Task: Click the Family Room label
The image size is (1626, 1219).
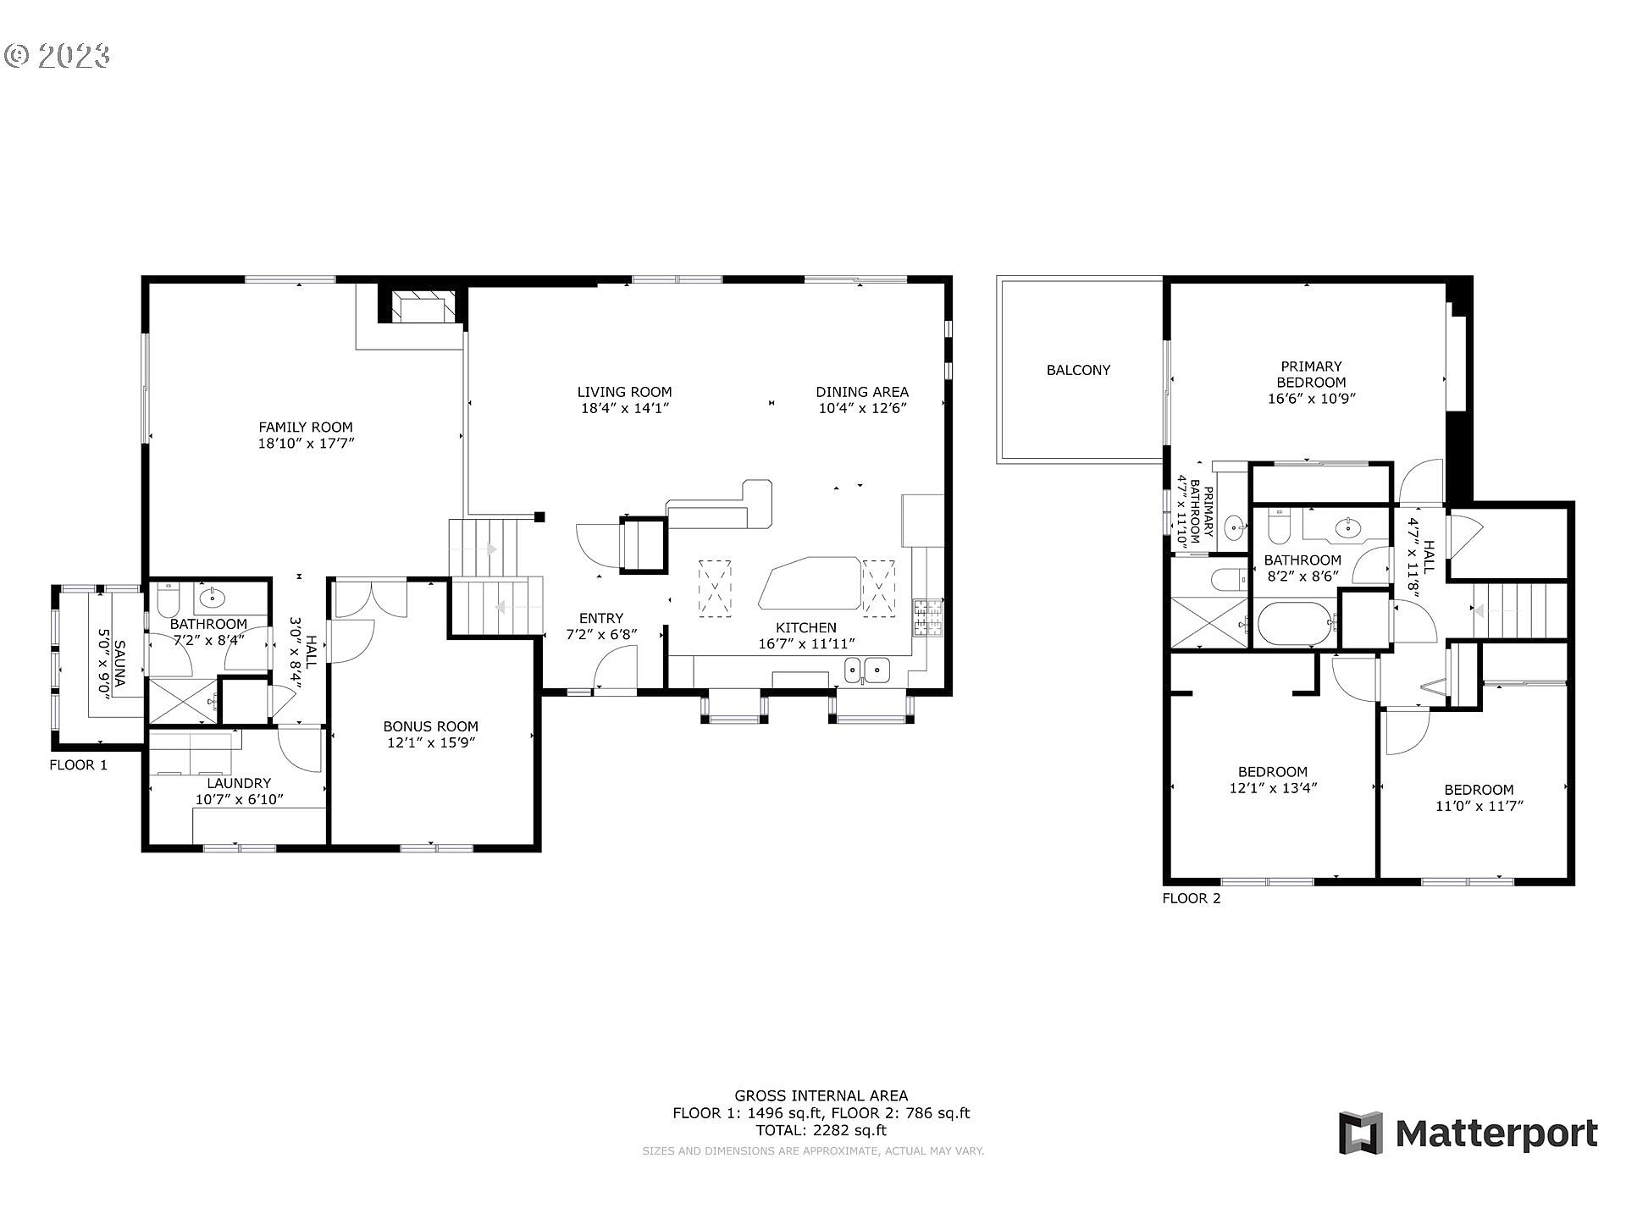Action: [x=306, y=427]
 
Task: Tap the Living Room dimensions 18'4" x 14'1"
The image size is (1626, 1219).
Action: [x=624, y=408]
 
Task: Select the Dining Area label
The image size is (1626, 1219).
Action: [x=862, y=392]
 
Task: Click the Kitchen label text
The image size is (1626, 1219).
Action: [x=806, y=627]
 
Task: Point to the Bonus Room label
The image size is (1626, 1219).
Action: [x=430, y=726]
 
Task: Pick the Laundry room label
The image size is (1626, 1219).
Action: [x=239, y=783]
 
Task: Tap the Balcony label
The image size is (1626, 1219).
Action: [x=1078, y=370]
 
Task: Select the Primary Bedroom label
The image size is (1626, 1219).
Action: [x=1311, y=374]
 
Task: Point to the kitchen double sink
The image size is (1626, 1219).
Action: [x=866, y=670]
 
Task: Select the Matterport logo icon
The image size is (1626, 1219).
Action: [x=1360, y=1133]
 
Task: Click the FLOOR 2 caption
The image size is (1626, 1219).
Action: [x=1192, y=898]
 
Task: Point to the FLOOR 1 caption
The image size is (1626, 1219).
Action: [x=79, y=765]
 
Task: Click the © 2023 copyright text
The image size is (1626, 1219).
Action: [x=58, y=56]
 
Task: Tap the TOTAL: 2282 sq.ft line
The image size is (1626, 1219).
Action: [x=821, y=1129]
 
